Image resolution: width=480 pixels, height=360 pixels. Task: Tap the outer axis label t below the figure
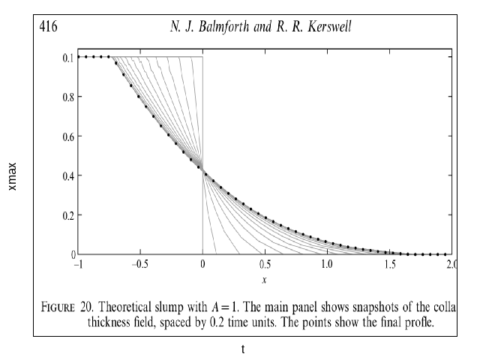pos(242,349)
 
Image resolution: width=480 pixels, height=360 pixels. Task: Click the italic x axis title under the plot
pos(264,280)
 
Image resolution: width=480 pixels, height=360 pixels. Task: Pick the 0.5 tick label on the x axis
pos(264,265)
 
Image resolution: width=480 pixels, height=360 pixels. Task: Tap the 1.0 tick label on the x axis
pos(326,265)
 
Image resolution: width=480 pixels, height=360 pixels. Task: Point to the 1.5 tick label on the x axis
pos(388,265)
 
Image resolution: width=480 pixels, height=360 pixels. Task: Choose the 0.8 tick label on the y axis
pos(66,96)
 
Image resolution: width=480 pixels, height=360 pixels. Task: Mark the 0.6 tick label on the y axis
pos(66,136)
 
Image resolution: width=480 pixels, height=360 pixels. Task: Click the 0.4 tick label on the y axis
pos(66,175)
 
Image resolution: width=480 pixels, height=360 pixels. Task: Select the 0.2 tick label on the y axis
pos(66,215)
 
